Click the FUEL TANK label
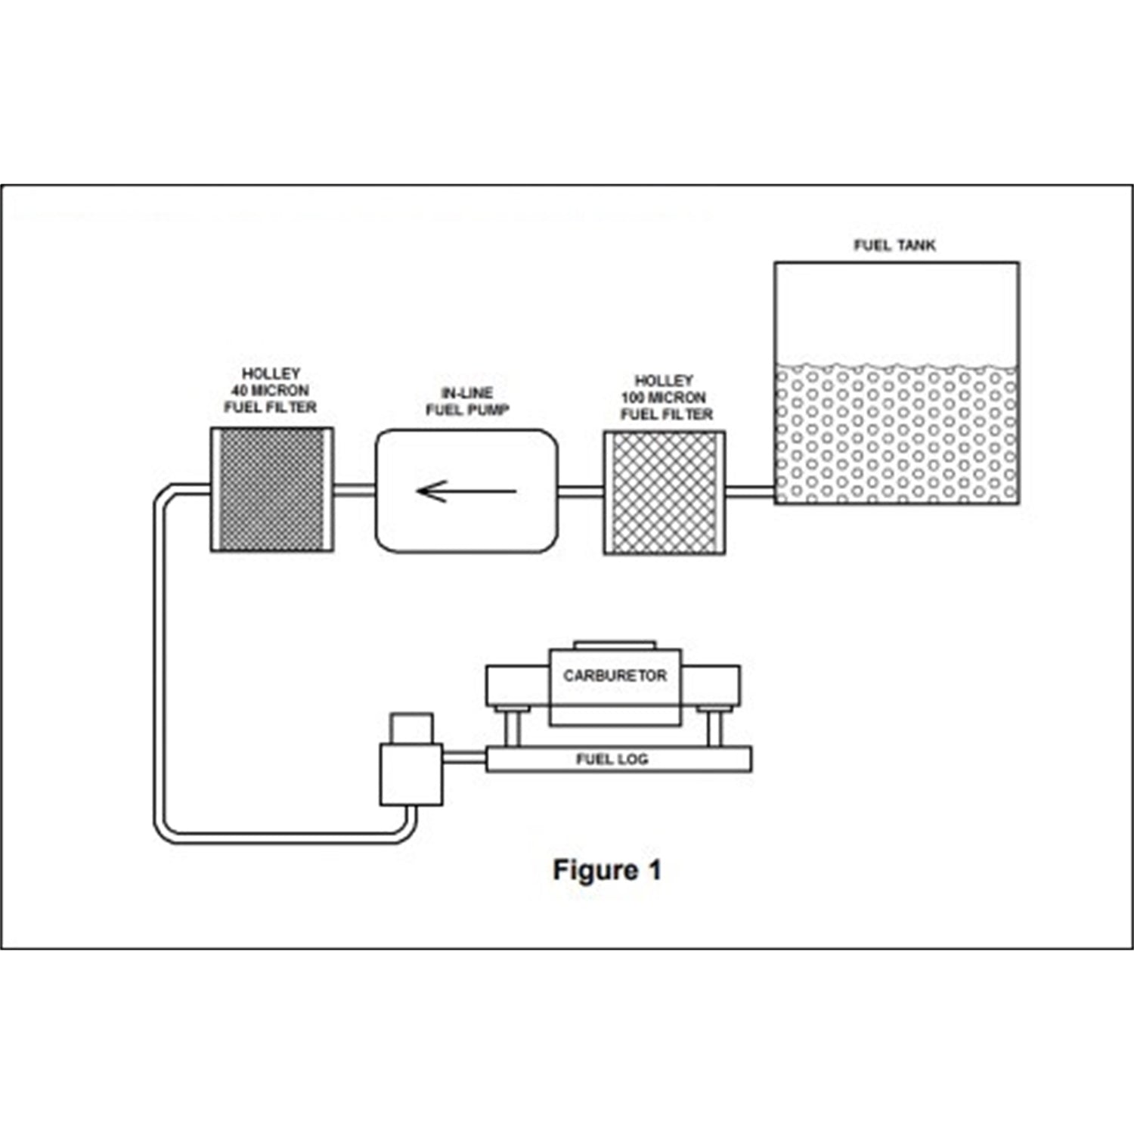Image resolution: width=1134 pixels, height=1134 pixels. tap(894, 245)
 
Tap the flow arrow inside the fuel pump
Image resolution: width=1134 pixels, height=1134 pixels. tap(466, 491)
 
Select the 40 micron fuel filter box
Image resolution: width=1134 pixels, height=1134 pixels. tap(272, 490)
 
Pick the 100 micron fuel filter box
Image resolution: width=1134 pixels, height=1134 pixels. tap(665, 493)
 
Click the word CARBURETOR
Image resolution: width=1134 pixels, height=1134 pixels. tap(615, 675)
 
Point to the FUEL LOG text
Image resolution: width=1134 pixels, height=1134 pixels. tap(612, 759)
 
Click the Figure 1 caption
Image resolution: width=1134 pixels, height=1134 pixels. tap(607, 870)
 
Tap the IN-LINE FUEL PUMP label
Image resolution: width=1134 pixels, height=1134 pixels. tap(467, 401)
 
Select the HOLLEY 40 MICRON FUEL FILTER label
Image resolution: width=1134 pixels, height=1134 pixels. tap(271, 390)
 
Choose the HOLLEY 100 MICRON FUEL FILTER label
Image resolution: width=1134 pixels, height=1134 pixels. tap(666, 398)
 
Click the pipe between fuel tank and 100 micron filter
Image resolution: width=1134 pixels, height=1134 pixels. tap(750, 494)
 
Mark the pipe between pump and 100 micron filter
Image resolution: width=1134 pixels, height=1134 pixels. tap(581, 492)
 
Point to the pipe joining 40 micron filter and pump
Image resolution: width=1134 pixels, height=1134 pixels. tap(355, 490)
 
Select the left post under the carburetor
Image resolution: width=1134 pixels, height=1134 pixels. tap(512, 727)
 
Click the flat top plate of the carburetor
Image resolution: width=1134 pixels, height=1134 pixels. tap(615, 645)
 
